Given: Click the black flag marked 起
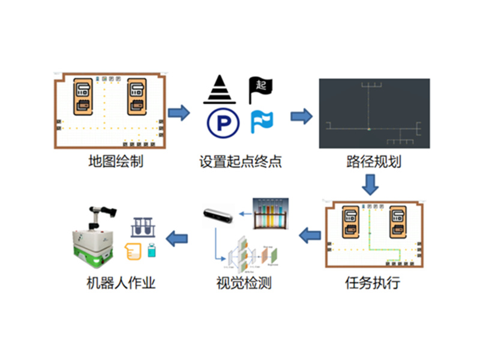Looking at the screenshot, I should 260,89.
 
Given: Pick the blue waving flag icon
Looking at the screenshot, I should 261,122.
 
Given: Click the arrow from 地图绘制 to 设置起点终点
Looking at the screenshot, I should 179,112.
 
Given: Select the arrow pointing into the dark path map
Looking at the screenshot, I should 301,116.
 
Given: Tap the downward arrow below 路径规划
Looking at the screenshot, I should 372,184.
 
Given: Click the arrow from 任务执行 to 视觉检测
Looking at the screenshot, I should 310,235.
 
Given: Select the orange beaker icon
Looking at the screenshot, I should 133,250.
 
